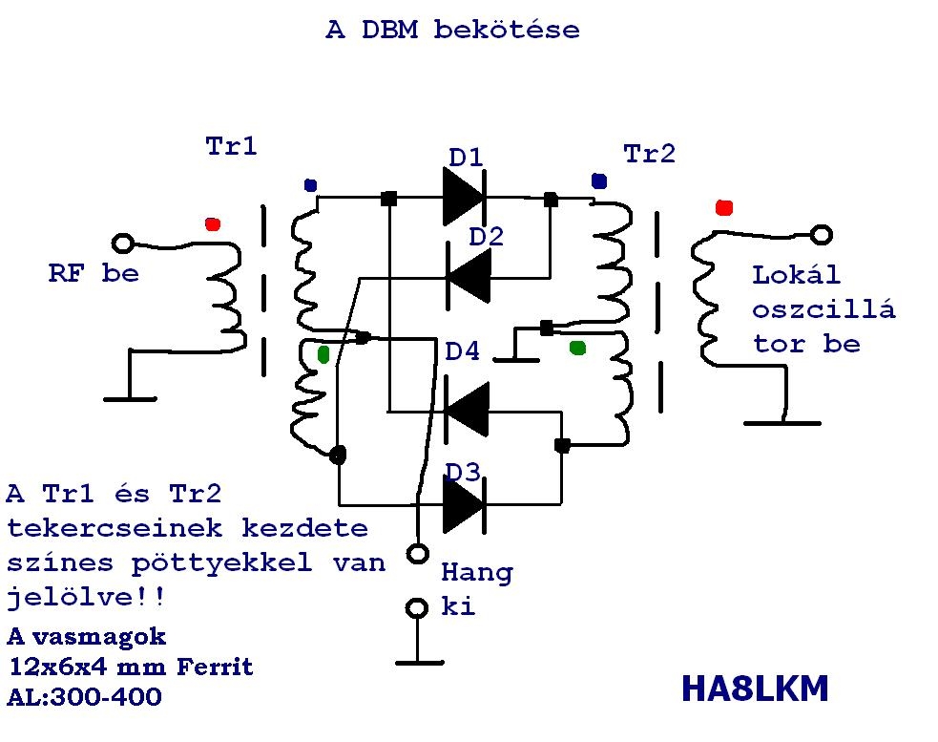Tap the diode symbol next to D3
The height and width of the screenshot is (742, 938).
(x=465, y=501)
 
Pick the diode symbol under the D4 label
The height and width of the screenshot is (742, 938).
(x=467, y=410)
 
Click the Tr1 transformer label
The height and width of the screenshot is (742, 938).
(x=231, y=147)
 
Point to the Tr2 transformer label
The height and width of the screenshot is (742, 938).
(x=649, y=154)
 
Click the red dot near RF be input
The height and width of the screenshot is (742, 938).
(x=212, y=224)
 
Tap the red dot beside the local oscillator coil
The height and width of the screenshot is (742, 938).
(x=723, y=207)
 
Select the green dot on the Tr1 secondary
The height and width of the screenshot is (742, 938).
(x=323, y=354)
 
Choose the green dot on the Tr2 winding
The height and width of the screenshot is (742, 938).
(x=577, y=348)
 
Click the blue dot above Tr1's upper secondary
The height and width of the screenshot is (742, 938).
(x=309, y=185)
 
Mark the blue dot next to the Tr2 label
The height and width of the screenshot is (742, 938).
(x=598, y=180)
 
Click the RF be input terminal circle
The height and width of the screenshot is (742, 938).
(x=123, y=244)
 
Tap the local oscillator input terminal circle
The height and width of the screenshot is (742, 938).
(x=821, y=234)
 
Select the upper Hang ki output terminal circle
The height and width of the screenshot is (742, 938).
(x=416, y=553)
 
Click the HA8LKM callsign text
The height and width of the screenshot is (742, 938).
(x=755, y=688)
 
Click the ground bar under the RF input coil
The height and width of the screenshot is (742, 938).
(x=130, y=398)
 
